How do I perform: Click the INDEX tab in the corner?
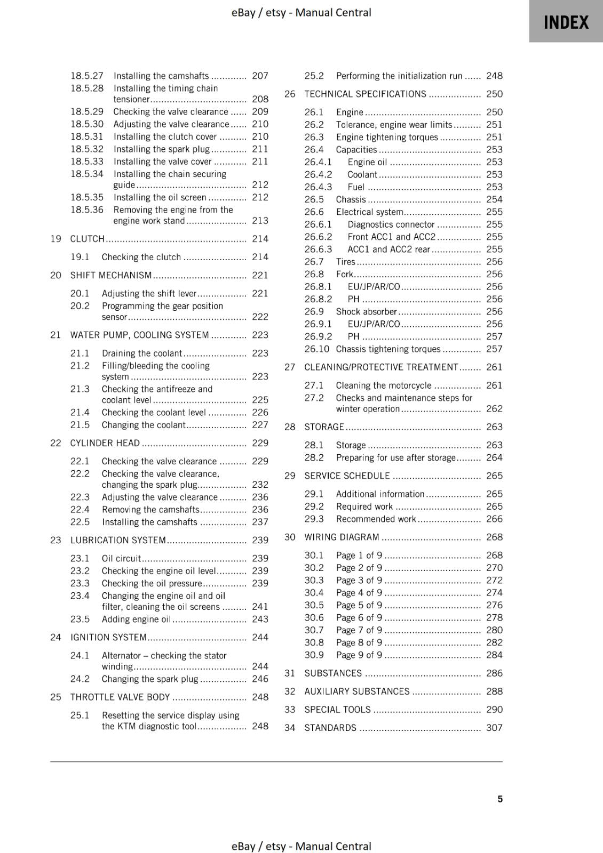tap(566, 22)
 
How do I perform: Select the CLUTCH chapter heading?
tap(88, 239)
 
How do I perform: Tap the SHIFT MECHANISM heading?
tap(111, 275)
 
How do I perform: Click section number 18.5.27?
tap(87, 76)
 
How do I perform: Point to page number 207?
tap(260, 76)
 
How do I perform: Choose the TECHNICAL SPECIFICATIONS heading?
tap(365, 94)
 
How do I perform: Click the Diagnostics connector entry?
tap(391, 224)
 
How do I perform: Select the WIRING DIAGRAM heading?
tap(342, 537)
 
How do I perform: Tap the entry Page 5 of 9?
tap(359, 605)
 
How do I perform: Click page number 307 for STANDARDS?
tap(494, 728)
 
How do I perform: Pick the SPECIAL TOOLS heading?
tap(337, 710)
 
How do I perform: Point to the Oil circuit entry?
tap(121, 558)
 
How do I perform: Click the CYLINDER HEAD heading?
tap(105, 443)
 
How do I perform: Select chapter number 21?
tap(55, 335)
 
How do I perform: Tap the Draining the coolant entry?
tap(142, 353)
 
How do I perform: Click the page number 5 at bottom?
tap(500, 799)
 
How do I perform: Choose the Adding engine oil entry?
tap(136, 619)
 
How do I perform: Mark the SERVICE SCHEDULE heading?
tap(347, 476)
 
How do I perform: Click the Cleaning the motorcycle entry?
tap(384, 385)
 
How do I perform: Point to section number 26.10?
tap(317, 349)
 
